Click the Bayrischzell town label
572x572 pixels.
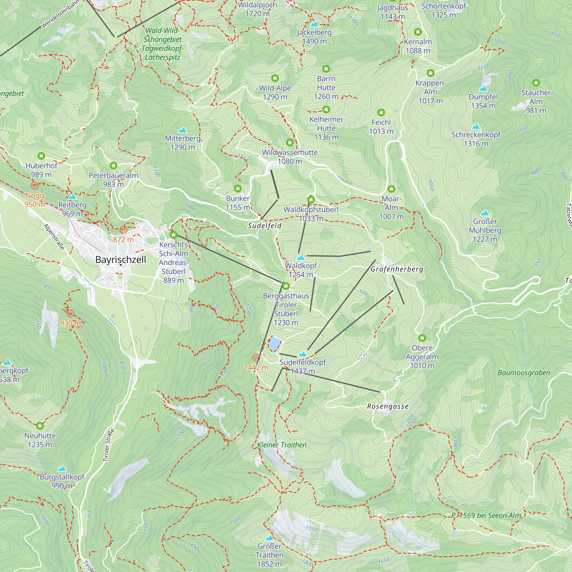(120, 260)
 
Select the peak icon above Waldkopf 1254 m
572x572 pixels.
(301, 257)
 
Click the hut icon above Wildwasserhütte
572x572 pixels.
(289, 143)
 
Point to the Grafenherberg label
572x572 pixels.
(397, 269)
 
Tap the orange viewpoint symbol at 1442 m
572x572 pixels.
(256, 358)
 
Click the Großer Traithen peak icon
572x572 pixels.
(269, 538)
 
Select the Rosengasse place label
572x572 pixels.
(388, 406)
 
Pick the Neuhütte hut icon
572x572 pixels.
(40, 426)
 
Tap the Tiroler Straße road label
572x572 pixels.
(108, 445)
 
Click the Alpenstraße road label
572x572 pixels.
(54, 237)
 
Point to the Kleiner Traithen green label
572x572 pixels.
(282, 445)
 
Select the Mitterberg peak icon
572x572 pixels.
(183, 130)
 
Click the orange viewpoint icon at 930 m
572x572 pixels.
(70, 313)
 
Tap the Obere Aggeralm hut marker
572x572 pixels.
(422, 338)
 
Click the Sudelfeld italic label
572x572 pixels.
(264, 226)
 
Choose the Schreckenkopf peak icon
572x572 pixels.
(476, 127)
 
